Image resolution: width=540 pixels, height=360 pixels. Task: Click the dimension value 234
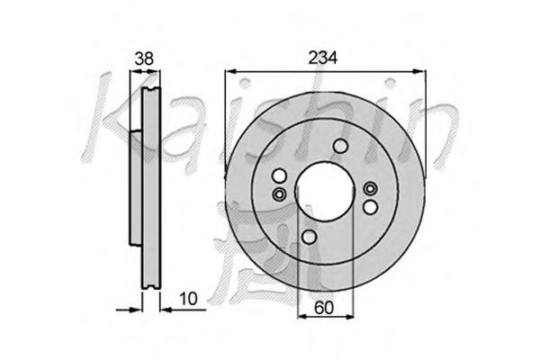click(322, 58)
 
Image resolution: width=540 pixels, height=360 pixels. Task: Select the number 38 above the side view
click(144, 58)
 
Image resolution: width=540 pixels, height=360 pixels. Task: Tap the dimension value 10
click(188, 299)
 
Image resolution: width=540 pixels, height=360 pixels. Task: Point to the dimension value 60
click(324, 308)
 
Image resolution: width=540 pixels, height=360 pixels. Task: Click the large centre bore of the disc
click(325, 193)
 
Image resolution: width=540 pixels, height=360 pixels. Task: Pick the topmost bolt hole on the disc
click(340, 146)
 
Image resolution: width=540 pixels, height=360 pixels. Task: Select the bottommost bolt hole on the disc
click(310, 237)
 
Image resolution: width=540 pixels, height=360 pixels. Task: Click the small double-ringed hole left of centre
click(279, 194)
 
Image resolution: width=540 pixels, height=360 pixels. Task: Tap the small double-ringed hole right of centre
click(371, 188)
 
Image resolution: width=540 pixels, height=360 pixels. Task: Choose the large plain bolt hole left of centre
click(279, 175)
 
